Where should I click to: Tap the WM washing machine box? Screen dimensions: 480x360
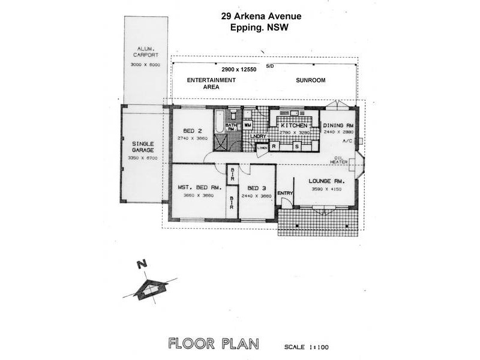pos(247,125)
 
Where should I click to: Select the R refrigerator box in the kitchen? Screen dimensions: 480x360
pos(274,145)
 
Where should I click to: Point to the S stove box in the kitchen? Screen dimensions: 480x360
pos(296,145)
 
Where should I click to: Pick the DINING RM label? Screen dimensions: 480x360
pos(339,125)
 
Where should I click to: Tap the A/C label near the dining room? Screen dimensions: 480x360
pos(347,141)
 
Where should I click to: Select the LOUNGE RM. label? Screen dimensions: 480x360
pos(326,181)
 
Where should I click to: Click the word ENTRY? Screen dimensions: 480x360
pos(285,193)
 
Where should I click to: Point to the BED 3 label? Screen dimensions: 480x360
pos(257,187)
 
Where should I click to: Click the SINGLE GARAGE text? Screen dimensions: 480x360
pos(142,147)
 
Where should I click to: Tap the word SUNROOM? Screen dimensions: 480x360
pos(310,80)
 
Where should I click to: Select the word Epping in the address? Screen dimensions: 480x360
pos(244,27)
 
